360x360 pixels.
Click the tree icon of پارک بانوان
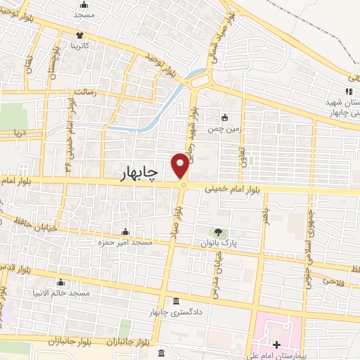coord(217,232)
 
